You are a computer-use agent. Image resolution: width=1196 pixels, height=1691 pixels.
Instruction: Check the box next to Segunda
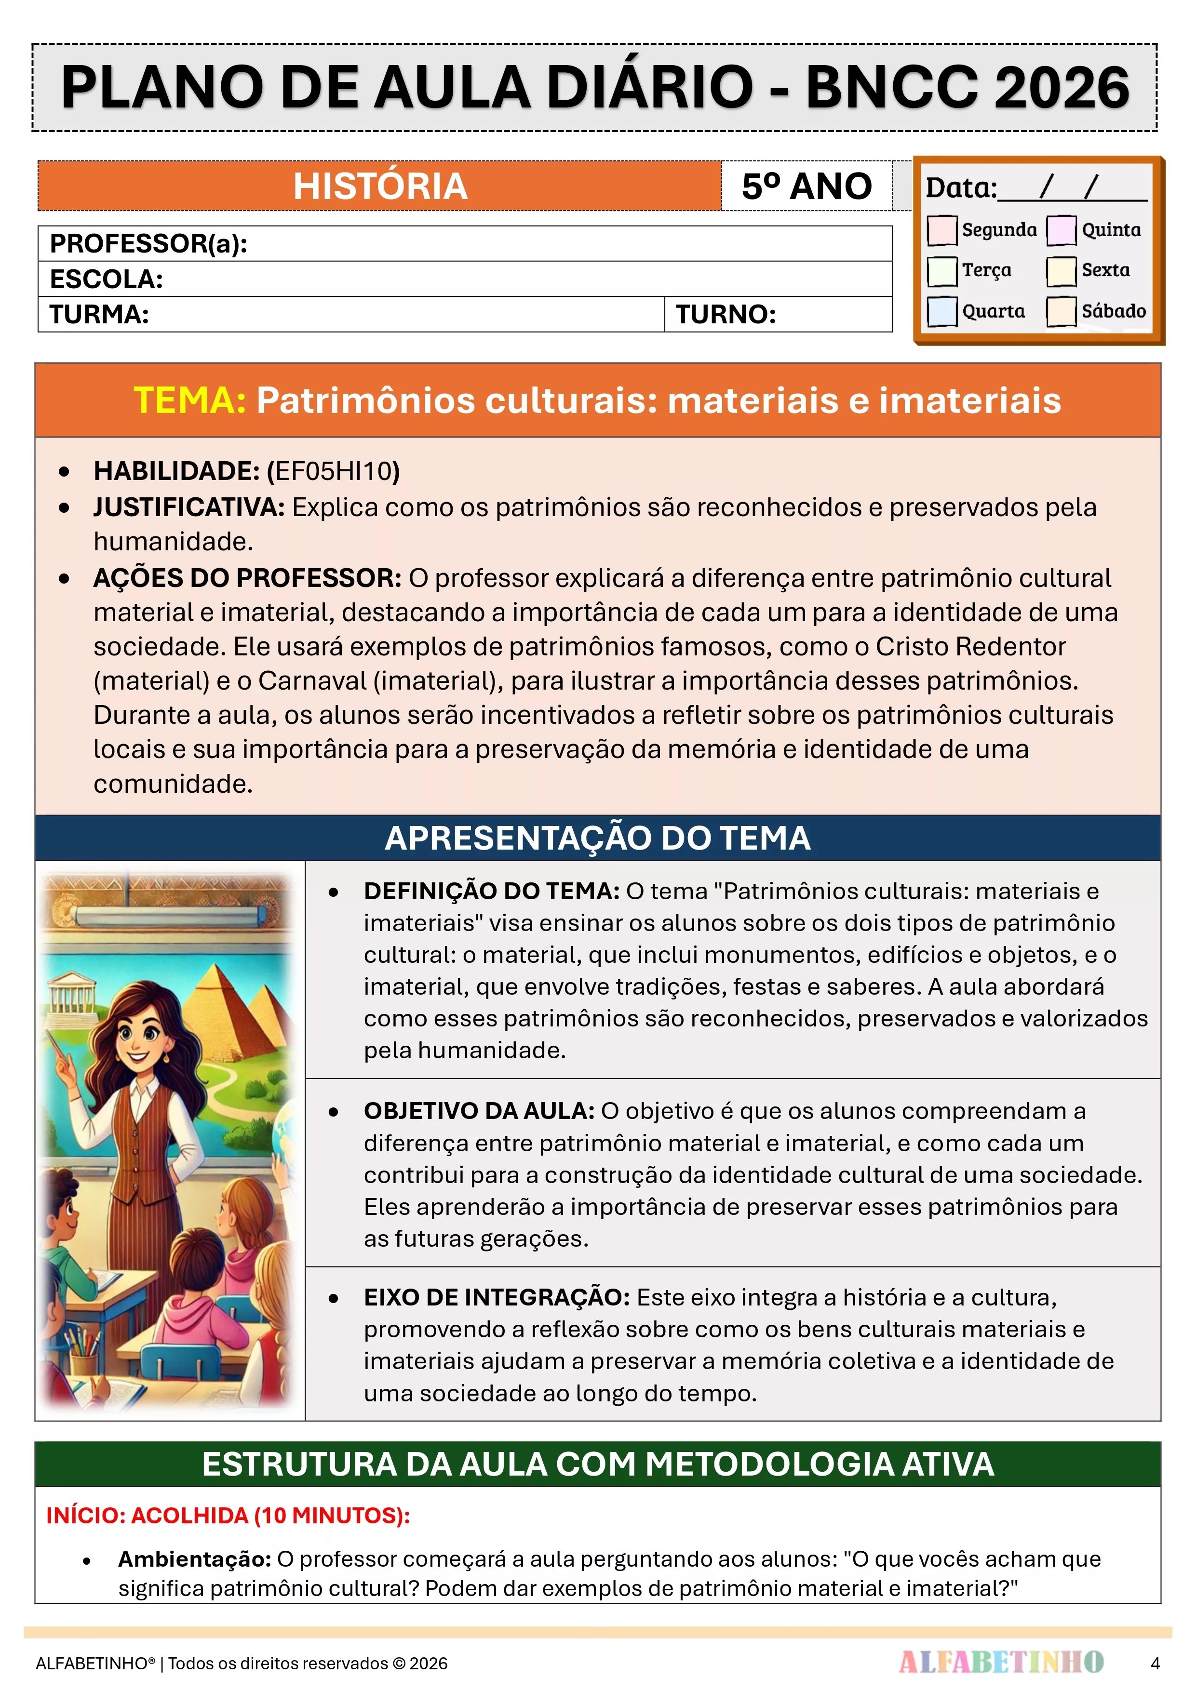click(x=942, y=230)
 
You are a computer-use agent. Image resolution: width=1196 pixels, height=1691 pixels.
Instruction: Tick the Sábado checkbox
click(x=1061, y=311)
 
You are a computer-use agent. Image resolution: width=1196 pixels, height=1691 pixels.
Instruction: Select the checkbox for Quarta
click(x=942, y=311)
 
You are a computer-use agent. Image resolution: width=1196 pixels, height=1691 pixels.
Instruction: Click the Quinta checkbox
click(x=1061, y=230)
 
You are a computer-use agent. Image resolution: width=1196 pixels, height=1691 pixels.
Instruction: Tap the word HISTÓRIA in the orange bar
click(x=380, y=186)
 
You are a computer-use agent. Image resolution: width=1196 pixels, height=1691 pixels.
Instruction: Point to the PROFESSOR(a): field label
click(x=148, y=244)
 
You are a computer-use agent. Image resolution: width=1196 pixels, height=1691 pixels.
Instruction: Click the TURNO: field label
click(x=726, y=315)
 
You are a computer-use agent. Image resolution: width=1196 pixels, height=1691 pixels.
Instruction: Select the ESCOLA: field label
click(x=106, y=279)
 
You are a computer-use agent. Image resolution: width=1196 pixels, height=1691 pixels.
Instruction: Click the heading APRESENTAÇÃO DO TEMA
click(x=598, y=838)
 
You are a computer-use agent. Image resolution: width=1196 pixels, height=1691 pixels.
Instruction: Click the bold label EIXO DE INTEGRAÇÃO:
click(x=497, y=1297)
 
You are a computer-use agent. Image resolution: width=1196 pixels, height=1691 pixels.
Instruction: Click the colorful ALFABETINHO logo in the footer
click(x=1001, y=1662)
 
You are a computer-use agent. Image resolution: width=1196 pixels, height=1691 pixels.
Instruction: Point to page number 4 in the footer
click(x=1155, y=1663)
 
